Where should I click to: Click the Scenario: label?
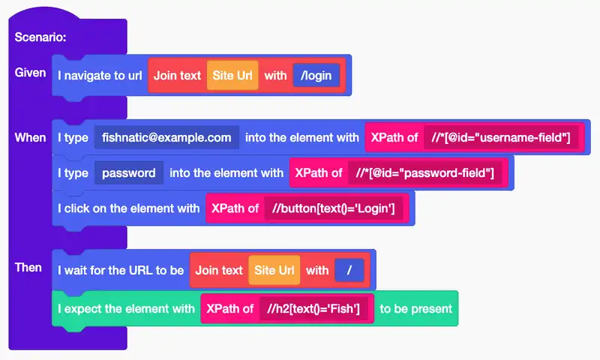click(40, 37)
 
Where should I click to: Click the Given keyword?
click(31, 73)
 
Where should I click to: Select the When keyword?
click(31, 137)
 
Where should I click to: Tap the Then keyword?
click(28, 268)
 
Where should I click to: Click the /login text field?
click(316, 75)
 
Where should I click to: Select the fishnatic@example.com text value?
click(166, 137)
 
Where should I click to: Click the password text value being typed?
click(129, 173)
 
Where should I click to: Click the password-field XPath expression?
click(425, 173)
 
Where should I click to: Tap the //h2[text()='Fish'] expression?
click(313, 308)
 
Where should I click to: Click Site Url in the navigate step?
click(232, 75)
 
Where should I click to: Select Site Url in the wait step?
click(274, 270)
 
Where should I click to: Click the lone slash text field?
click(349, 270)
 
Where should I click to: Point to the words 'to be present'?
click(416, 308)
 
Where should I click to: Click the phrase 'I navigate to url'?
click(100, 75)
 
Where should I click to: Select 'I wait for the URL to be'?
click(121, 270)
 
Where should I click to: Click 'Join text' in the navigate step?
click(178, 75)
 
